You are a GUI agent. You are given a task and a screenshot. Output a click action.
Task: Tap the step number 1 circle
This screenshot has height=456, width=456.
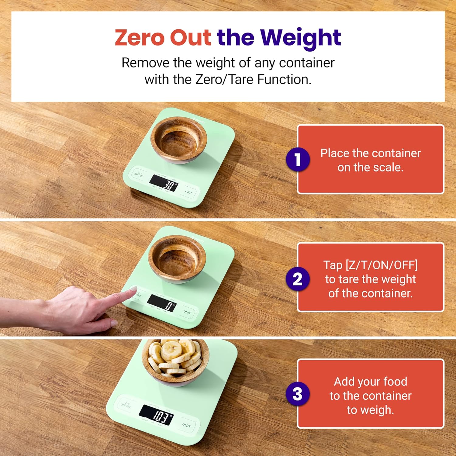[298, 159]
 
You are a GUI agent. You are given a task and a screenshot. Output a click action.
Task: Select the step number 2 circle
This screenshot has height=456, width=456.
[298, 279]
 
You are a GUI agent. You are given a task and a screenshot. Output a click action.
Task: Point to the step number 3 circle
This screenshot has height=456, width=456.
[298, 394]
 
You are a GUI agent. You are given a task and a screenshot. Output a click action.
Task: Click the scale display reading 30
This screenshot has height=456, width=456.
[164, 184]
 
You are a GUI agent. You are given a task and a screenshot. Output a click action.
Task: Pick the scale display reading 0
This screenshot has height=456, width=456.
[162, 303]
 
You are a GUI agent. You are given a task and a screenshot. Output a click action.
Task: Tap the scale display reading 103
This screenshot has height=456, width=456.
[156, 415]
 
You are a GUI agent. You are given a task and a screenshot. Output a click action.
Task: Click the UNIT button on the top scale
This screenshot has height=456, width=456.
[188, 192]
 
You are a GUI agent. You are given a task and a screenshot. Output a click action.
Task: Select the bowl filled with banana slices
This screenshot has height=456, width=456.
[175, 361]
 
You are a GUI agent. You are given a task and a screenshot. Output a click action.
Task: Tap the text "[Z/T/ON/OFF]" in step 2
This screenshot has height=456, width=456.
[382, 265]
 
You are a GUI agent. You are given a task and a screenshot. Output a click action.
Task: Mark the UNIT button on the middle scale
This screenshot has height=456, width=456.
[187, 312]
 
